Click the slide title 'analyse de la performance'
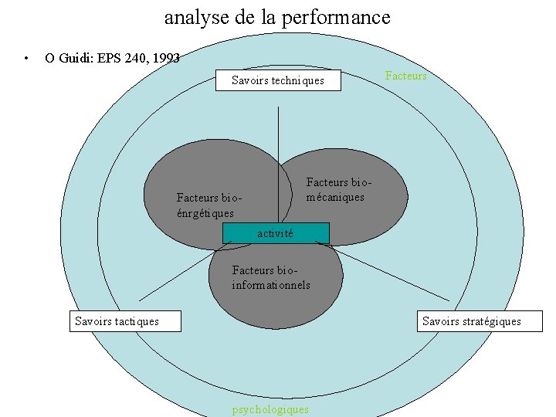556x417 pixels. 277,17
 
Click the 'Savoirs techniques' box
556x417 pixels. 278,80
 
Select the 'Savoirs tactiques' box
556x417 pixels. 125,321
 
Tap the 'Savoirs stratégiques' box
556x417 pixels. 480,321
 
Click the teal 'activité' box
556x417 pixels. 276,233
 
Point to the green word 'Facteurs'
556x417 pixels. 405,76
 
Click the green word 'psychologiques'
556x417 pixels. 270,409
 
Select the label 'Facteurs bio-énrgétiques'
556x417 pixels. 205,205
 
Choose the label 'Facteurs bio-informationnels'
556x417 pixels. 270,278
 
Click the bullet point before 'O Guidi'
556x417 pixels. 26,58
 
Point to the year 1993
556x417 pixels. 165,57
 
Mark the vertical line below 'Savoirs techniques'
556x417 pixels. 278,139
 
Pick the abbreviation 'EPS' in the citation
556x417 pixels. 109,57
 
